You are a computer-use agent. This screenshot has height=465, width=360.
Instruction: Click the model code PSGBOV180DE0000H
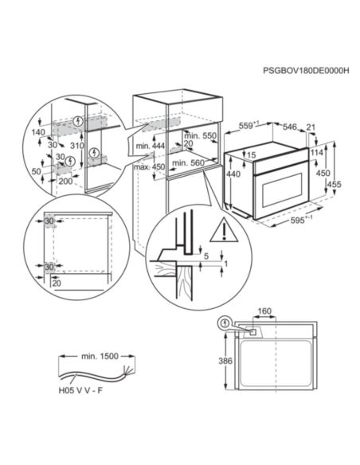pyautogui.click(x=306, y=71)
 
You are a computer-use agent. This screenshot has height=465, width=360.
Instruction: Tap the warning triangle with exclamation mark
pyautogui.click(x=224, y=230)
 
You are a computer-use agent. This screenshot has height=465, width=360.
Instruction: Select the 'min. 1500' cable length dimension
pyautogui.click(x=100, y=356)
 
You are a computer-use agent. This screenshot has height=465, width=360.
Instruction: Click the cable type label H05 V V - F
pyautogui.click(x=80, y=390)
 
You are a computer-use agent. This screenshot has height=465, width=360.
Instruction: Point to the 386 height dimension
pyautogui.click(x=225, y=361)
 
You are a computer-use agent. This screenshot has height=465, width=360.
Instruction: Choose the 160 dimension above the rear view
pyautogui.click(x=264, y=311)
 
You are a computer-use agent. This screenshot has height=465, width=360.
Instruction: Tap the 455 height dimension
pyautogui.click(x=335, y=185)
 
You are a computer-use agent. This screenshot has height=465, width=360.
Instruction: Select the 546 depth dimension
pyautogui.click(x=289, y=127)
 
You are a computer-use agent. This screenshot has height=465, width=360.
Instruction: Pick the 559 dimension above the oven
pyautogui.click(x=248, y=126)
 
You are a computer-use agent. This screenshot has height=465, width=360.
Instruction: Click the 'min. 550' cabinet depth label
pyautogui.click(x=200, y=136)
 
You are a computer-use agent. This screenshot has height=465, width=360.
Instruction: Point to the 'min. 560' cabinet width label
pyautogui.click(x=188, y=162)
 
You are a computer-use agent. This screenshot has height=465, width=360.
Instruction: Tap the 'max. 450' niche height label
pyautogui.click(x=149, y=166)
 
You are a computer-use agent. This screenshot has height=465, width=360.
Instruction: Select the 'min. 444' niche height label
pyautogui.click(x=151, y=146)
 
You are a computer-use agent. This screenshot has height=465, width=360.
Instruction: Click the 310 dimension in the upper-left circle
pyautogui.click(x=77, y=146)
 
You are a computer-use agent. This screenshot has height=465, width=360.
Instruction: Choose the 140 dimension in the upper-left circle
pyautogui.click(x=38, y=132)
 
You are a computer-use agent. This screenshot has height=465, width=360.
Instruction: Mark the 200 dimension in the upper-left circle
pyautogui.click(x=65, y=181)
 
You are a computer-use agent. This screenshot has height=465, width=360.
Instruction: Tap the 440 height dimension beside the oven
pyautogui.click(x=233, y=174)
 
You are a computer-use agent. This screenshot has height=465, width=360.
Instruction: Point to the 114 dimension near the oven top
pyautogui.click(x=317, y=153)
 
